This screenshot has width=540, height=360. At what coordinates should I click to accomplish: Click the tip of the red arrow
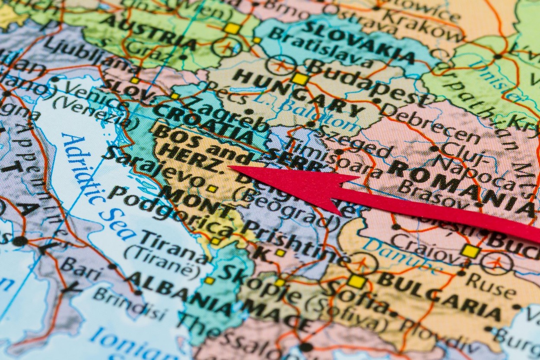pyautogui.click(x=230, y=167)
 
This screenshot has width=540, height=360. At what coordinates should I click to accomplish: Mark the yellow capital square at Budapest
pyautogui.click(x=300, y=79)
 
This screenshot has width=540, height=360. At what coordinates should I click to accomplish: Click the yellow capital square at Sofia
pyautogui.click(x=356, y=281)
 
